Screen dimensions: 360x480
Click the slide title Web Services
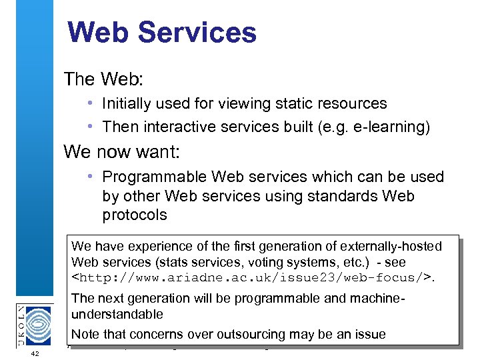[162, 32]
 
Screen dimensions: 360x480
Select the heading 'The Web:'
[103, 79]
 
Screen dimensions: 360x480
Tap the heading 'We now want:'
[121, 151]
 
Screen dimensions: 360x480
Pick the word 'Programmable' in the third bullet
[155, 177]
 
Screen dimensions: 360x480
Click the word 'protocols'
[135, 215]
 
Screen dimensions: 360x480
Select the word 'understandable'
[117, 313]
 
